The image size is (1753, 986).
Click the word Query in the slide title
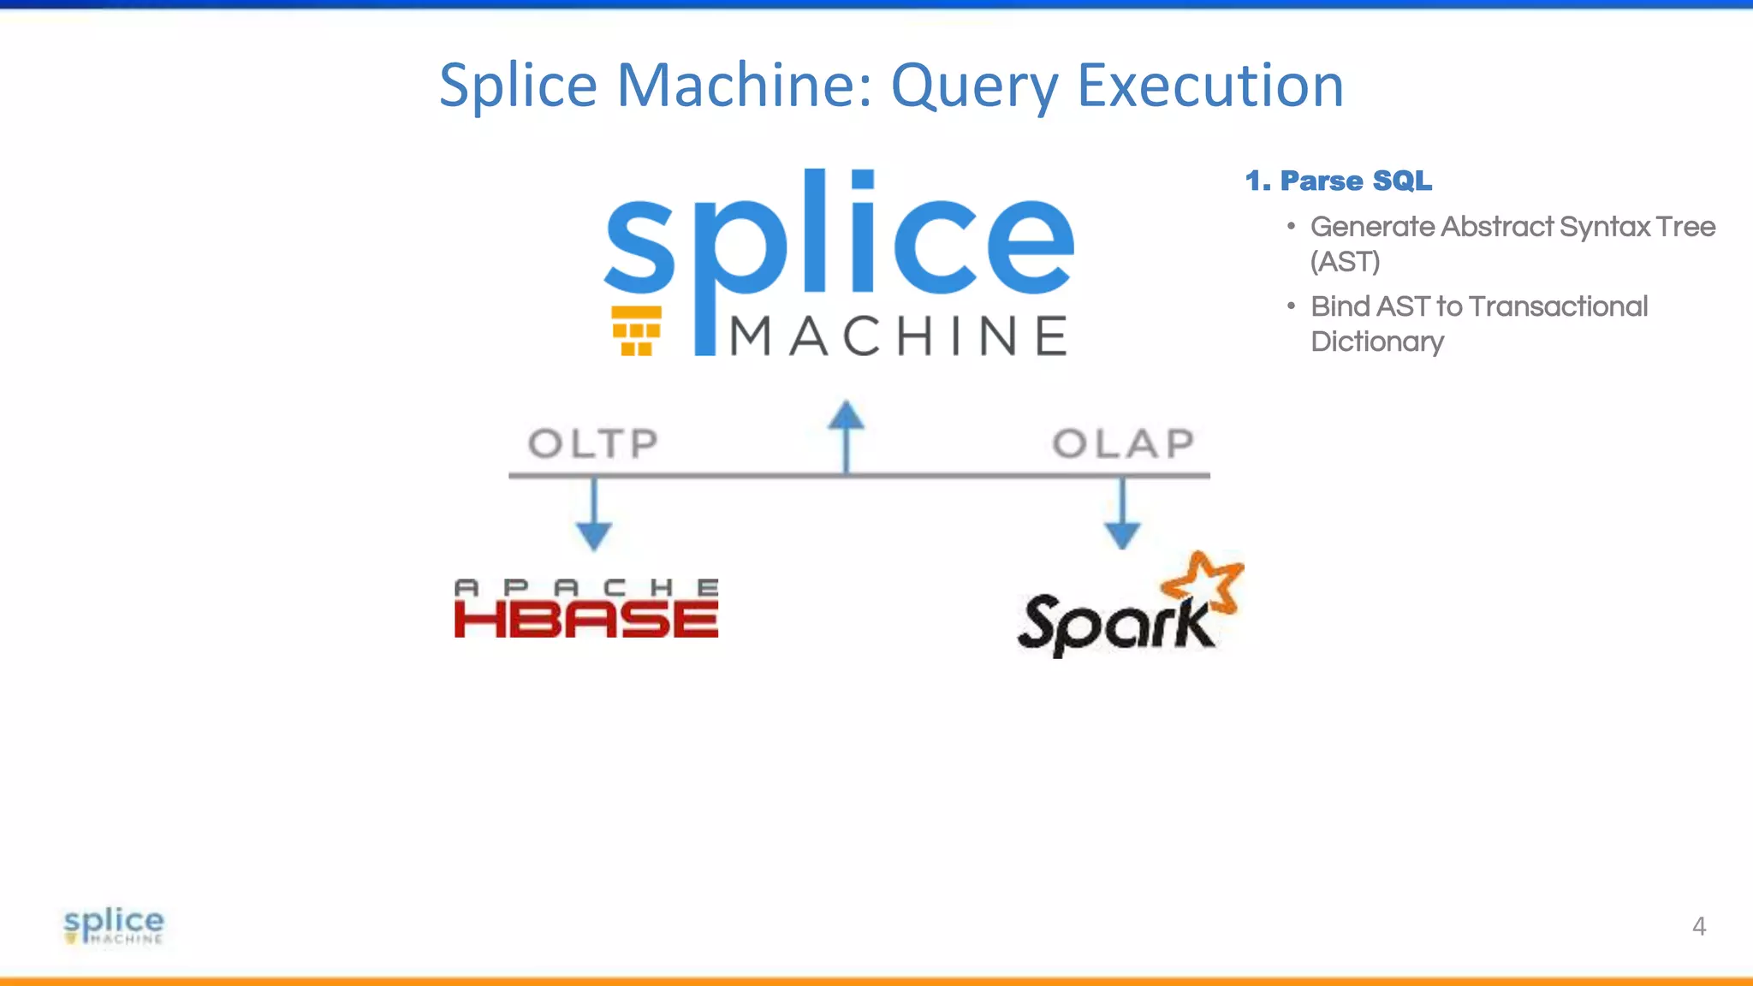pyautogui.click(x=974, y=87)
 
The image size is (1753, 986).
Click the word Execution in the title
pyautogui.click(x=1210, y=86)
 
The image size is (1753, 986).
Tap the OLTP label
pyautogui.click(x=593, y=443)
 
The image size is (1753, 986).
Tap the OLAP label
pyautogui.click(x=1123, y=443)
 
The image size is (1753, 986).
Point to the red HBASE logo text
pyautogui.click(x=586, y=619)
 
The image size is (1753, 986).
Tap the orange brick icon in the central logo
pyautogui.click(x=637, y=330)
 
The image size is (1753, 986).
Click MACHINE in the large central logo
pyautogui.click(x=899, y=336)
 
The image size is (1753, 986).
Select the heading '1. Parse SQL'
pyautogui.click(x=1339, y=181)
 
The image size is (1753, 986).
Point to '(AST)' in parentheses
pyautogui.click(x=1346, y=262)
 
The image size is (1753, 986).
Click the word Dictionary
pyautogui.click(x=1377, y=342)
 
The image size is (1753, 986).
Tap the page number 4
pyautogui.click(x=1699, y=926)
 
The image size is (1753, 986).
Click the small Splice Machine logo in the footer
pyautogui.click(x=114, y=925)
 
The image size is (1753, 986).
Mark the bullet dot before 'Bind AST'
pyautogui.click(x=1291, y=306)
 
